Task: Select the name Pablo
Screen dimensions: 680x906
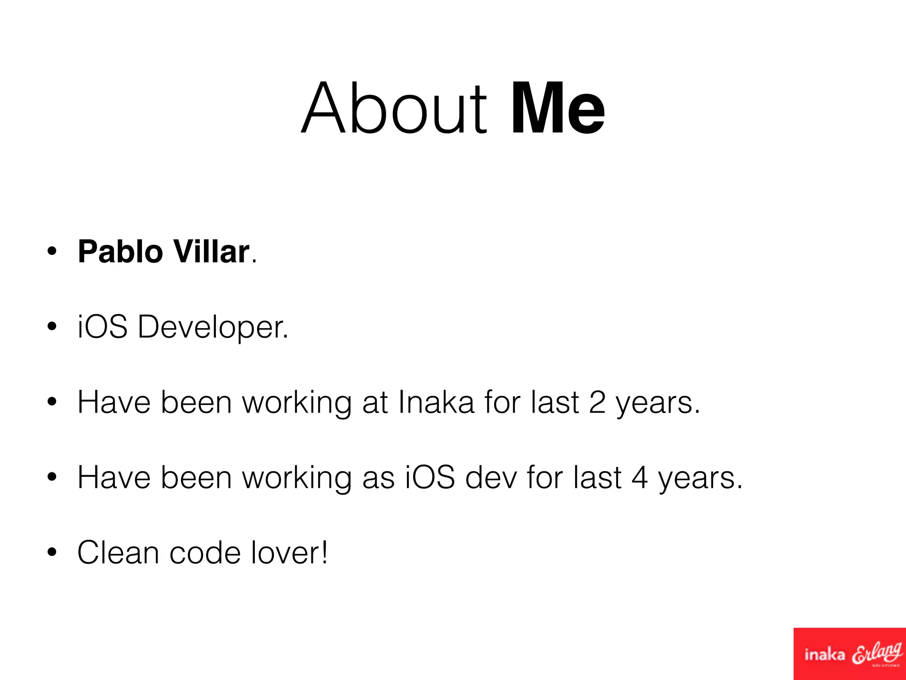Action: coord(120,251)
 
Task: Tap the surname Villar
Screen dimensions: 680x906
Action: coord(211,251)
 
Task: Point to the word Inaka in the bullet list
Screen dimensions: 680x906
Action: coord(436,402)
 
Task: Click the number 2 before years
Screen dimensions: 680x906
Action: coord(597,402)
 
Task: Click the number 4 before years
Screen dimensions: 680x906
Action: coord(639,478)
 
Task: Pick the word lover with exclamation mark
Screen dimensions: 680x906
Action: coord(289,553)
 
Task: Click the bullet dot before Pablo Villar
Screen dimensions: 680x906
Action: coord(52,251)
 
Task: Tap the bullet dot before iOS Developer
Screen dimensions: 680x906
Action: coord(52,327)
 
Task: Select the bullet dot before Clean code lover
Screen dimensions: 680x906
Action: coord(52,553)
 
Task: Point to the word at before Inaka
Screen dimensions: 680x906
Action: coord(375,402)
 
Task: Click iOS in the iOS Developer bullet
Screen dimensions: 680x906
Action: coord(103,327)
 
